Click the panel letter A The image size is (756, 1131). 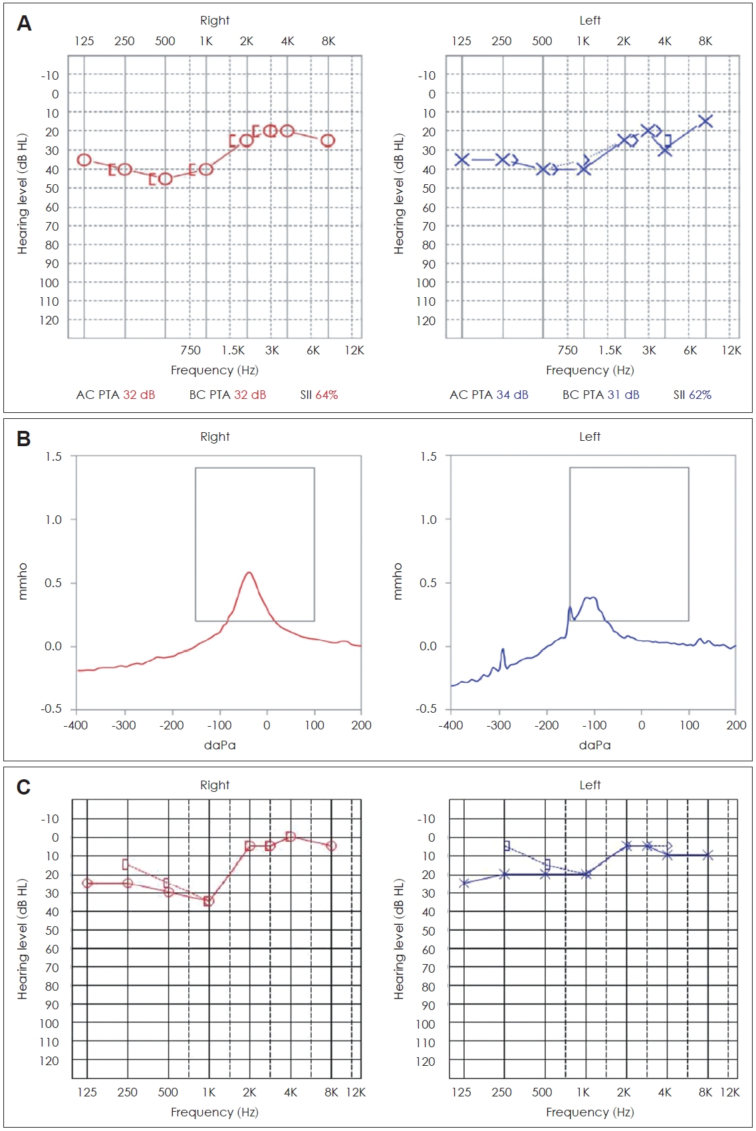click(x=24, y=24)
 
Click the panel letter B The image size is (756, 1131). click(x=24, y=439)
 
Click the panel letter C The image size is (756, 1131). click(x=24, y=787)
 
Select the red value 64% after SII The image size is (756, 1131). click(x=326, y=395)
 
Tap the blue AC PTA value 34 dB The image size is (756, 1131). click(x=512, y=395)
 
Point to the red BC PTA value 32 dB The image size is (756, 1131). click(x=250, y=395)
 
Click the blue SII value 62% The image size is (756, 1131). click(x=700, y=395)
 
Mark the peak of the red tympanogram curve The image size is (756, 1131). click(x=249, y=572)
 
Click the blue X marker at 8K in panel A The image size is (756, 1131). click(x=705, y=121)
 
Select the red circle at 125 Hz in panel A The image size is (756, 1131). click(x=84, y=160)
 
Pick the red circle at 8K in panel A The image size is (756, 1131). click(x=328, y=140)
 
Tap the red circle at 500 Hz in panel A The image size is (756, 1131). click(x=166, y=179)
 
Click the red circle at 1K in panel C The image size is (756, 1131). click(x=209, y=901)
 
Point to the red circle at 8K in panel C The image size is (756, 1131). click(x=331, y=846)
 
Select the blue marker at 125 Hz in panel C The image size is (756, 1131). click(x=464, y=883)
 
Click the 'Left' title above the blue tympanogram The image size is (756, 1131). click(x=590, y=437)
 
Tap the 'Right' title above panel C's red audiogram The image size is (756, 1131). click(x=215, y=785)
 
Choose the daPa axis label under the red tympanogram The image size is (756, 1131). click(x=219, y=745)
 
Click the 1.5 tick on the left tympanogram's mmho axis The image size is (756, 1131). click(x=429, y=457)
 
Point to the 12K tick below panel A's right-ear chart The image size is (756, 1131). click(x=354, y=350)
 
